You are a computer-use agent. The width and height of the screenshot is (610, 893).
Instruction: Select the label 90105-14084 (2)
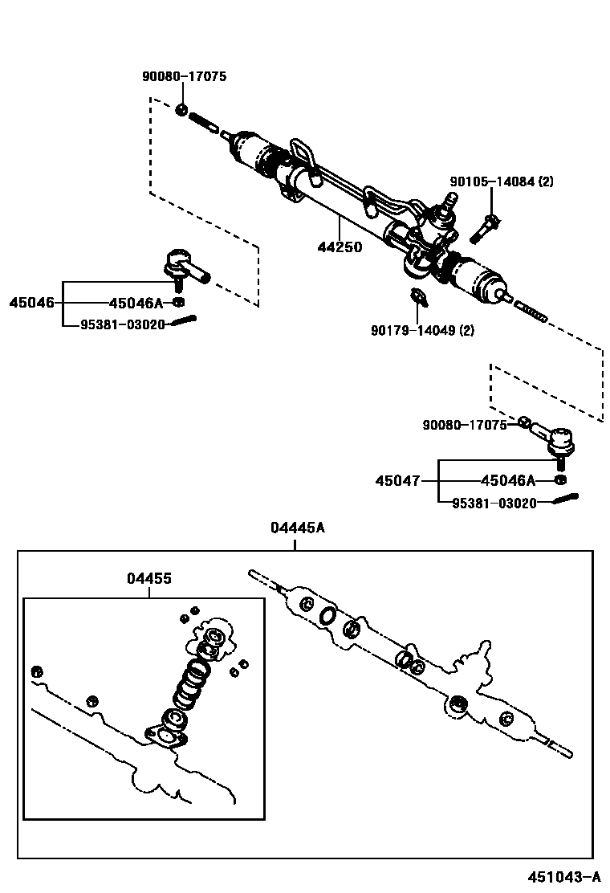click(501, 182)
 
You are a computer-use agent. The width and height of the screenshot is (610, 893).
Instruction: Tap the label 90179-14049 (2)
click(422, 329)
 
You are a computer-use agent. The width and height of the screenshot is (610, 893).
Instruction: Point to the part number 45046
click(32, 303)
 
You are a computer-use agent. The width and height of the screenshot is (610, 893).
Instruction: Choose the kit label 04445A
click(297, 528)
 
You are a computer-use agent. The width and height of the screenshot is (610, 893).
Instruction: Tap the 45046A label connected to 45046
click(135, 303)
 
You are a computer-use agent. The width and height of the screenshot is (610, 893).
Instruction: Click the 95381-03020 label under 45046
click(123, 324)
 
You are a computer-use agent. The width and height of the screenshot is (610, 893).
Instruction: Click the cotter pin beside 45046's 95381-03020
click(185, 323)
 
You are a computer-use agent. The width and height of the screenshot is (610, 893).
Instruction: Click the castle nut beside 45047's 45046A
click(560, 480)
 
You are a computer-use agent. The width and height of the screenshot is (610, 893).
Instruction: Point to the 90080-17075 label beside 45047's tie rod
click(465, 425)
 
